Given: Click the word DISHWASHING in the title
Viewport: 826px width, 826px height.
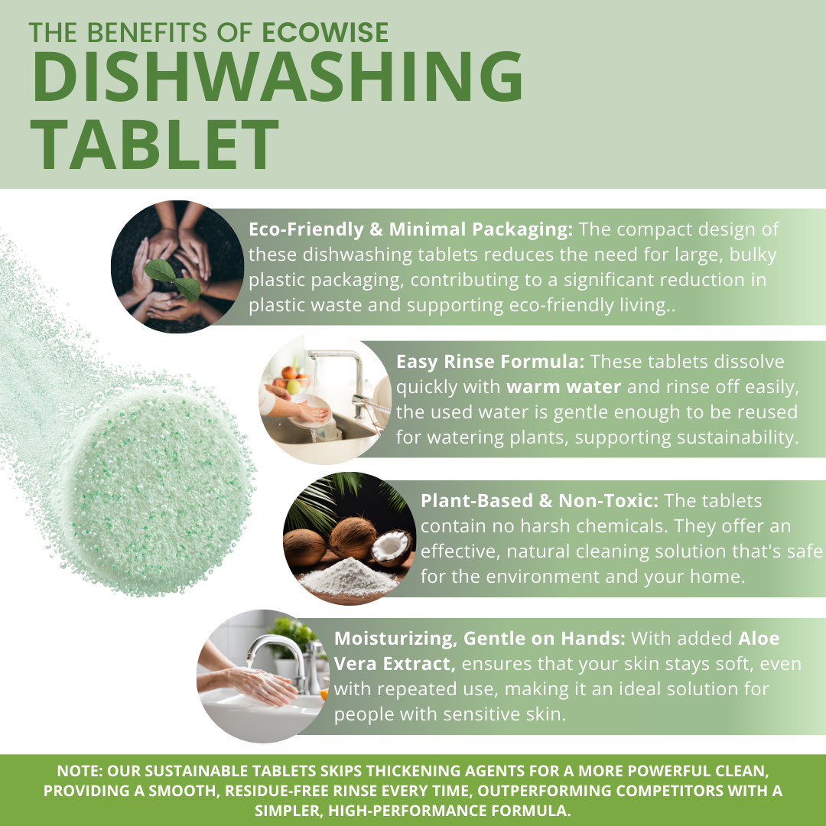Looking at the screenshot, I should tap(277, 80).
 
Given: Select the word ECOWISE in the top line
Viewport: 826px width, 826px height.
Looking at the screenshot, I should tap(325, 31).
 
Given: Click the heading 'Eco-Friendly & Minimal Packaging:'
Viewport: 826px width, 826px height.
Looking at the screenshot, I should tap(411, 229).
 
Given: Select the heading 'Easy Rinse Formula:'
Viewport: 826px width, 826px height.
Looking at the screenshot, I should tap(490, 361).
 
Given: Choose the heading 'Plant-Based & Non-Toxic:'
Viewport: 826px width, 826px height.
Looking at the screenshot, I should tap(540, 501).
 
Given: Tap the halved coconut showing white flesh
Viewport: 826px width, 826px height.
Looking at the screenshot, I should tap(394, 547).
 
